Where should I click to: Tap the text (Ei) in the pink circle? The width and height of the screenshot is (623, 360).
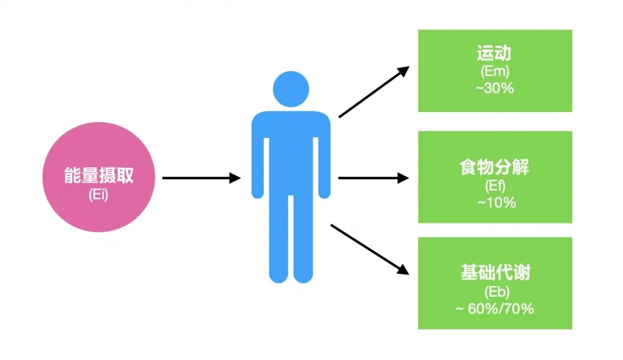pyautogui.click(x=99, y=195)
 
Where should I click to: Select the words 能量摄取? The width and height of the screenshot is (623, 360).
pyautogui.click(x=99, y=176)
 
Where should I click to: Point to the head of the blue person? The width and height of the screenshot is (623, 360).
pyautogui.click(x=291, y=89)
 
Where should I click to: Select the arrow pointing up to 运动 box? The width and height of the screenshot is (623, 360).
pyautogui.click(x=373, y=92)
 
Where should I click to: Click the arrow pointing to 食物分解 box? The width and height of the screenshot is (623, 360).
pyautogui.click(x=373, y=178)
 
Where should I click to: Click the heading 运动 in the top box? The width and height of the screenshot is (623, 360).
pyautogui.click(x=494, y=55)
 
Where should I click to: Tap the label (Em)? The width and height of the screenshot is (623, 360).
pyautogui.click(x=494, y=73)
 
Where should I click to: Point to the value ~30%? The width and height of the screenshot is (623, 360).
pyautogui.click(x=494, y=89)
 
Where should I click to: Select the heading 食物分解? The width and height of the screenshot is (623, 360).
pyautogui.click(x=494, y=168)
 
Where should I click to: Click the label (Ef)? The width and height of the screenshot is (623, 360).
pyautogui.click(x=494, y=186)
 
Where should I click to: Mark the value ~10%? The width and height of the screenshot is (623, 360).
pyautogui.click(x=494, y=203)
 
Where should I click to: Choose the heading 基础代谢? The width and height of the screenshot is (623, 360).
pyautogui.click(x=495, y=272)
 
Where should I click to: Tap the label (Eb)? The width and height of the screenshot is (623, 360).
pyautogui.click(x=495, y=291)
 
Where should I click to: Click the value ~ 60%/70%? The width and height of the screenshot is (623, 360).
pyautogui.click(x=494, y=309)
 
